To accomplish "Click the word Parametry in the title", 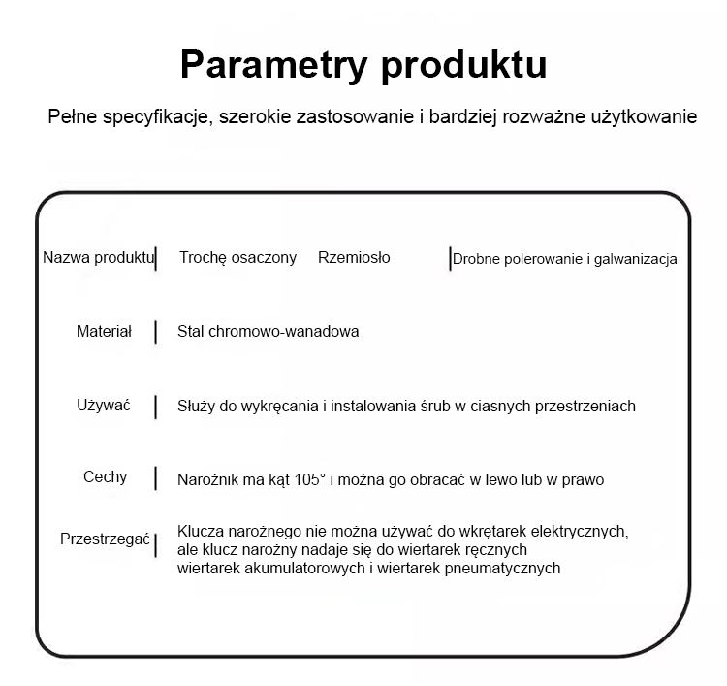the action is (x=273, y=65).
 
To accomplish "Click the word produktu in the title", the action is (x=464, y=65).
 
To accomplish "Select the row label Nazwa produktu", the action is (x=98, y=257).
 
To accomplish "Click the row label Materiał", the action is (x=104, y=332).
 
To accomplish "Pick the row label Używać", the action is (x=104, y=406).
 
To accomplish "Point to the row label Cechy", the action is (x=106, y=477).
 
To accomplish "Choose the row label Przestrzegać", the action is (x=105, y=539).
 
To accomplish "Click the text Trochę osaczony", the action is (x=237, y=257).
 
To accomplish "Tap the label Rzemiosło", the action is (x=354, y=257).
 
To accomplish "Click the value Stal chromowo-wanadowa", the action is (x=268, y=332).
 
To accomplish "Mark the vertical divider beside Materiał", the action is (x=155, y=332).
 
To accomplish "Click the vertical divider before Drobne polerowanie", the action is (x=450, y=258).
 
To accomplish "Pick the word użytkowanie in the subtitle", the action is (x=644, y=117).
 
